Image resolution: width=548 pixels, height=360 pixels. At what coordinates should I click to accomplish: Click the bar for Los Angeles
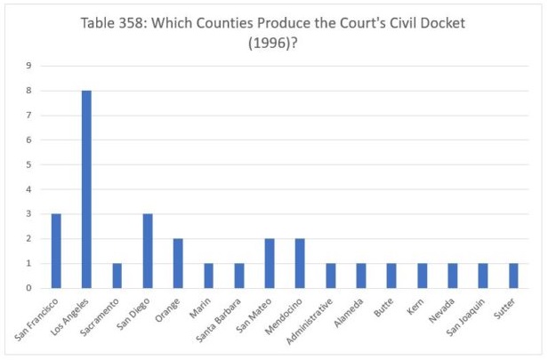(x=86, y=189)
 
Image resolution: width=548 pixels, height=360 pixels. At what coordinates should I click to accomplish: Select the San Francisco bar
(x=56, y=251)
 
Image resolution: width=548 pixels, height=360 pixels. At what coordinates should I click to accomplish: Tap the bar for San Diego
(x=148, y=251)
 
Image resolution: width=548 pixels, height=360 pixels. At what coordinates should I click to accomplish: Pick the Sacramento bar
(x=117, y=276)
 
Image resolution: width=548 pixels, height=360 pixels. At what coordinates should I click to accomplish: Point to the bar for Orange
(x=178, y=263)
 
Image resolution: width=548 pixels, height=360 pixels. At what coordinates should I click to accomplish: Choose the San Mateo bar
(x=270, y=263)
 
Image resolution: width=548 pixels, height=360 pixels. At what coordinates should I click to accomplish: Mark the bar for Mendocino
(x=300, y=263)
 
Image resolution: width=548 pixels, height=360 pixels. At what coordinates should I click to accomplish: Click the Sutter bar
(x=513, y=276)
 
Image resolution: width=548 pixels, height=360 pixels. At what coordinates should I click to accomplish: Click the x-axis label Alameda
(x=351, y=309)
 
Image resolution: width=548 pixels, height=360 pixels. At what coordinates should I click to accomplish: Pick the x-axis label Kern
(x=415, y=304)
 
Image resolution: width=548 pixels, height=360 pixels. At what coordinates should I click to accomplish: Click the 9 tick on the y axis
(x=29, y=66)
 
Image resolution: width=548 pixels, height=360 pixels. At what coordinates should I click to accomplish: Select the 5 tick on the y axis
(x=29, y=164)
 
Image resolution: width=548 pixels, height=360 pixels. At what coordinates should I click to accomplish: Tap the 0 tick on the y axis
(x=29, y=288)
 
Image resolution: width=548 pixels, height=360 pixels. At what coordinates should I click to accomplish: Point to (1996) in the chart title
(x=273, y=43)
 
